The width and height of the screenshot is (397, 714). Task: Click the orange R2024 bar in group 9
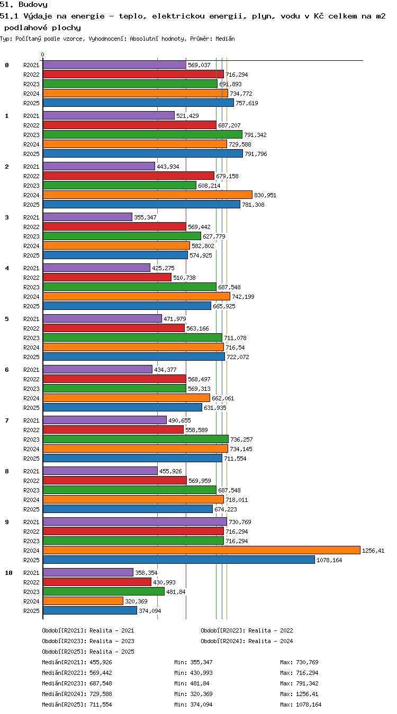[201, 550]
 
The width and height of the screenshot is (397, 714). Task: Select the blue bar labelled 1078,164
[179, 560]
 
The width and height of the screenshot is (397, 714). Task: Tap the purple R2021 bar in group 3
[87, 217]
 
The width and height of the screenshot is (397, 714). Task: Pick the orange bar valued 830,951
[148, 195]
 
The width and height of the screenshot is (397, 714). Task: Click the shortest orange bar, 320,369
[83, 601]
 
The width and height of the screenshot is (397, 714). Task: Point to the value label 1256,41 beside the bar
[373, 551]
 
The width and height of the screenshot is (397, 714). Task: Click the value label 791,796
[256, 154]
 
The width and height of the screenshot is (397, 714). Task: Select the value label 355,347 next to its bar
[145, 217]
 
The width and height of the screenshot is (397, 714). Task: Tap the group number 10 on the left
[8, 573]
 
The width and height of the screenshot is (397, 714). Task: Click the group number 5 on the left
[7, 319]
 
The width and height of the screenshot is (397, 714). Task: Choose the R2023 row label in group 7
[31, 440]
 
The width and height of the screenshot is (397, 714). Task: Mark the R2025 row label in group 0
[31, 103]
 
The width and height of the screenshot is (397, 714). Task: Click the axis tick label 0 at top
[42, 55]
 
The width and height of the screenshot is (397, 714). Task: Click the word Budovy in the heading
[33, 4]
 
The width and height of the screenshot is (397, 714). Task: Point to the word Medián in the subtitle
[225, 39]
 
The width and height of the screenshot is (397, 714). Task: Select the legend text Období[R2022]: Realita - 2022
[247, 630]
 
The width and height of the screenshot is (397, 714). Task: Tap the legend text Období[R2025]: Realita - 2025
[88, 652]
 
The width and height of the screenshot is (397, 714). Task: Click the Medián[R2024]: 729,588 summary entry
[77, 694]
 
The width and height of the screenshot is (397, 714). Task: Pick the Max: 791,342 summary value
[299, 683]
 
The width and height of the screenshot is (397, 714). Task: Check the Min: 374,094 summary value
[193, 704]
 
